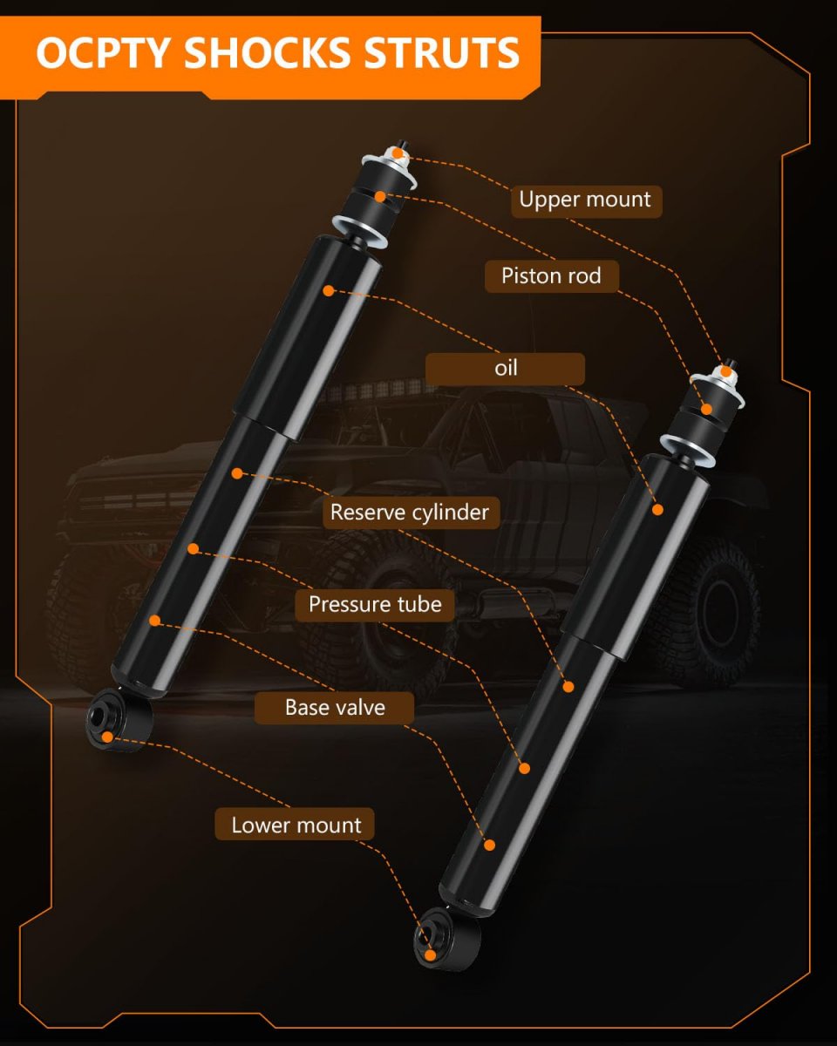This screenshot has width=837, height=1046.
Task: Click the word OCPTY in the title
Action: coord(103,52)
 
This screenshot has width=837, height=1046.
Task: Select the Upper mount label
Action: coord(586,200)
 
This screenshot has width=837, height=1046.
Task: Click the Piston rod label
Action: coord(552,276)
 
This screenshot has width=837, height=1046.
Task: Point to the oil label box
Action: coord(505,369)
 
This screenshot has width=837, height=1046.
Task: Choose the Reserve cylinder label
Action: coord(411,513)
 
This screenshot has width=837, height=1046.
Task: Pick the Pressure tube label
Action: coord(375,605)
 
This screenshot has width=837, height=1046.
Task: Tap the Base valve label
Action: coord(335,708)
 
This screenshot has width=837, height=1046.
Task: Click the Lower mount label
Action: coord(295,825)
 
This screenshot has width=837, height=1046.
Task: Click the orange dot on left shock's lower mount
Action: coord(107,737)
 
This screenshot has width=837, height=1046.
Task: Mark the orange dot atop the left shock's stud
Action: coord(398,153)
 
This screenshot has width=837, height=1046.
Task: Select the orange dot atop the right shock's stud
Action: coord(725,372)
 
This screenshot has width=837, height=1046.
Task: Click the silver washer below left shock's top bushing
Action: coord(359,233)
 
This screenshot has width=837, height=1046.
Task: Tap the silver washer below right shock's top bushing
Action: coord(687,451)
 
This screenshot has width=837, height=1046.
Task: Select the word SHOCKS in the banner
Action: coord(267,52)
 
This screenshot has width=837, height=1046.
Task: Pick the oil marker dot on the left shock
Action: coord(329,290)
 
